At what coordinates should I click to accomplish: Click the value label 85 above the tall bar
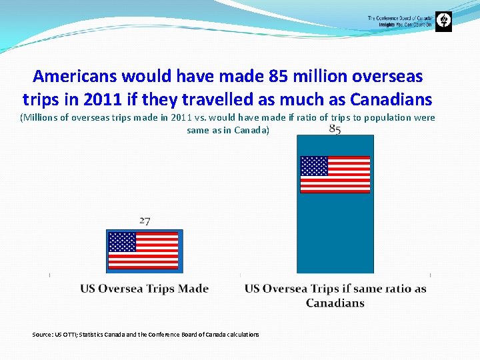click(x=335, y=130)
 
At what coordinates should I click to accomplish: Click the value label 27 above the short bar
click(x=145, y=221)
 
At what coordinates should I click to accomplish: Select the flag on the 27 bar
click(x=143, y=251)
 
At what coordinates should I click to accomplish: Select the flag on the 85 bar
click(x=335, y=175)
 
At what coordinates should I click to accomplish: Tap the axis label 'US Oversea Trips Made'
click(x=145, y=289)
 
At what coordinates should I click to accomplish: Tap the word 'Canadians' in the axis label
click(x=335, y=303)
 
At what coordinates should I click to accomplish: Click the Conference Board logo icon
click(x=443, y=22)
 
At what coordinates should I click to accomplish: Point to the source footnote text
click(x=145, y=335)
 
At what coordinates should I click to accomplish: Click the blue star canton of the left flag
click(x=122, y=242)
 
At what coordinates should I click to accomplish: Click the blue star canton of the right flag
click(x=314, y=166)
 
